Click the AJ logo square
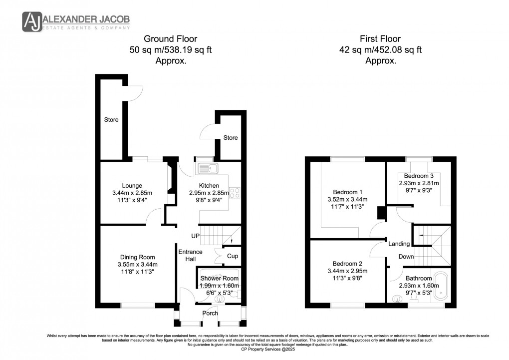32,22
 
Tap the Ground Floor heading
171,38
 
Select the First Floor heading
380,38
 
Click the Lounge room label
132,185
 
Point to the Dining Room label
137,257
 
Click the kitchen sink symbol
206,167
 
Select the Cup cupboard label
232,257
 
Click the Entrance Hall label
190,255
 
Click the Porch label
210,313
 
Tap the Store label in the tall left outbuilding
111,120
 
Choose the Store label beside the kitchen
231,138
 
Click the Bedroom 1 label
348,192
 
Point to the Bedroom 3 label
418,176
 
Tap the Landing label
399,244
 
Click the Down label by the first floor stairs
406,257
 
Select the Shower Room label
220,278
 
